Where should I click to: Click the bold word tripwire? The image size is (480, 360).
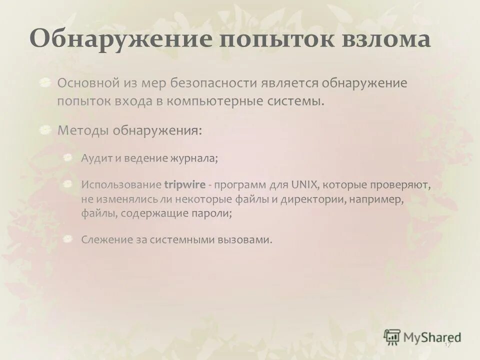(x=184, y=185)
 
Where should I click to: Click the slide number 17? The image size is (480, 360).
(x=447, y=345)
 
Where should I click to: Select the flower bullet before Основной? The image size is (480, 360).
(x=46, y=81)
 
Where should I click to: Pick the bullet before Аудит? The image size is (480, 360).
(x=69, y=157)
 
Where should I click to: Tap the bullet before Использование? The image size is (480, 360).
(x=69, y=184)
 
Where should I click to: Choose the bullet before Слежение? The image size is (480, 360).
(x=69, y=239)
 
